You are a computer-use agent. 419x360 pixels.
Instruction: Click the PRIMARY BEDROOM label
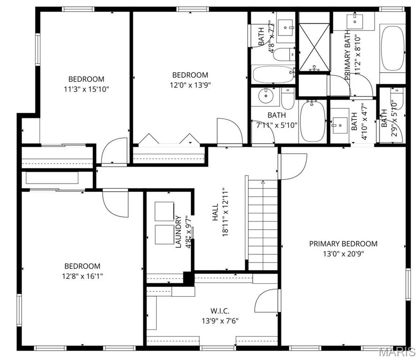click(343, 244)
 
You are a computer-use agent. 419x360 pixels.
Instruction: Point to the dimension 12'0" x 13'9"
click(190, 85)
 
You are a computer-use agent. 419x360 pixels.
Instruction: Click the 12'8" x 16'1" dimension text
click(82, 276)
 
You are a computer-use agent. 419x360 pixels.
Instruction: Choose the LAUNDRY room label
click(178, 232)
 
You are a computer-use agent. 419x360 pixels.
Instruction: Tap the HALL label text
click(215, 212)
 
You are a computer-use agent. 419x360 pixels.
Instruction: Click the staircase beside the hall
click(263, 225)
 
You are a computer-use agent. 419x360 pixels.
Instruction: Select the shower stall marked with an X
click(314, 47)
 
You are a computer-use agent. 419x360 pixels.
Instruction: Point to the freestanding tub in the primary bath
click(392, 48)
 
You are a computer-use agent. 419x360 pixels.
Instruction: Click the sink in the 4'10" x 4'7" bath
click(340, 125)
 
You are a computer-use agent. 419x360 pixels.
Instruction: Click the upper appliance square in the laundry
click(164, 211)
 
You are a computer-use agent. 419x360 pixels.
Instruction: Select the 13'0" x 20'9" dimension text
click(343, 254)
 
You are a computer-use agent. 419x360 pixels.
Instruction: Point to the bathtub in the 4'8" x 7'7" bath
click(273, 74)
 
